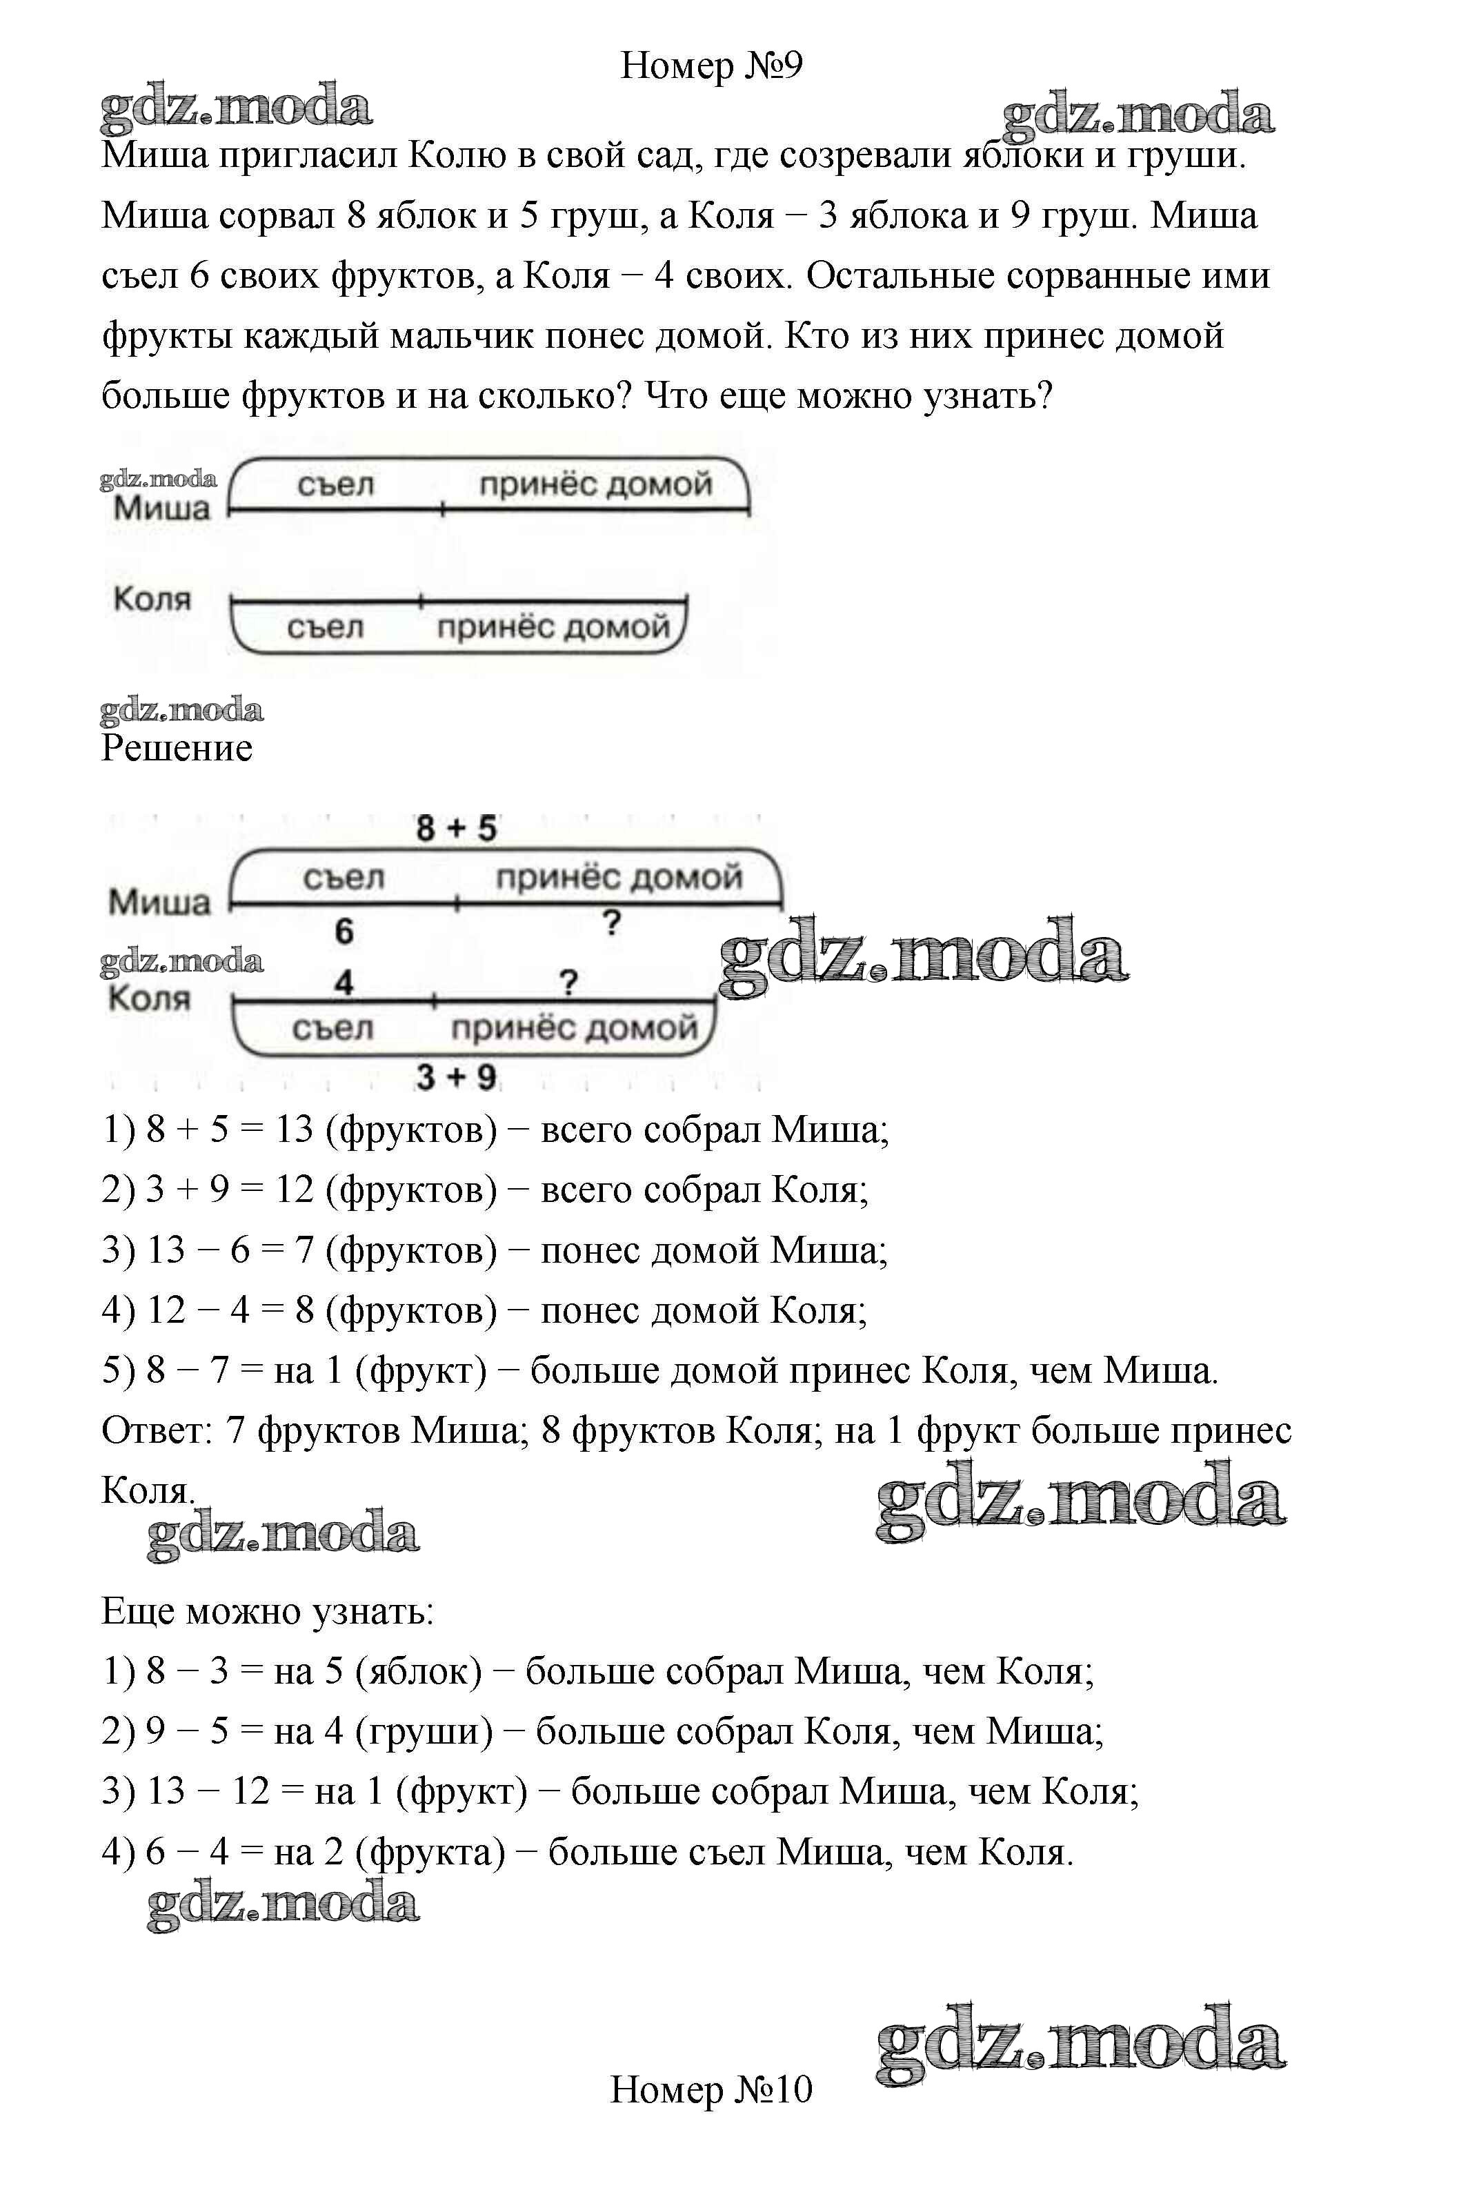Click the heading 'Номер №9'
point(712,66)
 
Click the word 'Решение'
point(177,748)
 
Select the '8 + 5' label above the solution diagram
point(457,829)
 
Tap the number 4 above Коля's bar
point(344,983)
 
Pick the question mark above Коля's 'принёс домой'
point(568,983)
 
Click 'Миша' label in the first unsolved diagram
point(162,509)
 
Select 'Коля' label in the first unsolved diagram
point(152,598)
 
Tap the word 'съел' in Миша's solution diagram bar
point(344,878)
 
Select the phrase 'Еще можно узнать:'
point(267,1610)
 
